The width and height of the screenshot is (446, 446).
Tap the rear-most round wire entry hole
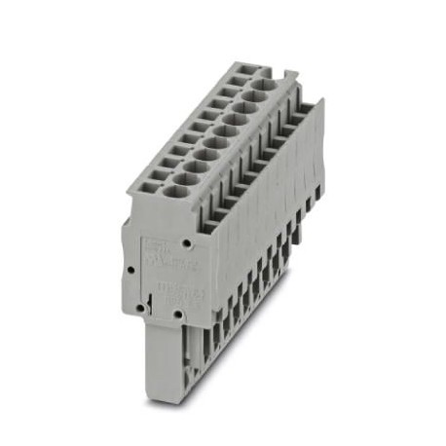259,86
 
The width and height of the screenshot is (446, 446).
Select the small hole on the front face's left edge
129,265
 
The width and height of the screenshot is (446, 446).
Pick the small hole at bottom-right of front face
177,315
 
